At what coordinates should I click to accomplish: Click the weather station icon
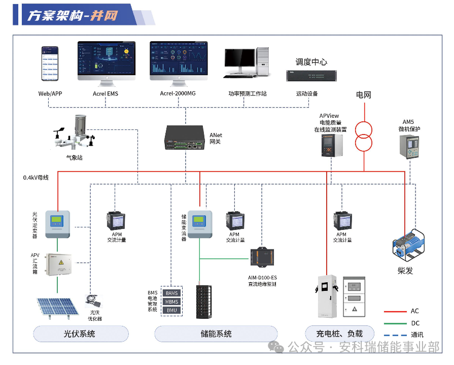pyautogui.click(x=76, y=134)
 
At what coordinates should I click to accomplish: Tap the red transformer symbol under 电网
pyautogui.click(x=364, y=136)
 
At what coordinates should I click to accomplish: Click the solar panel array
pyautogui.click(x=56, y=308)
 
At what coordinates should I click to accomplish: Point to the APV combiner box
pyautogui.click(x=59, y=264)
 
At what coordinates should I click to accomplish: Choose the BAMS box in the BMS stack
pyautogui.click(x=171, y=293)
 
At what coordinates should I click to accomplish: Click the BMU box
pyautogui.click(x=171, y=310)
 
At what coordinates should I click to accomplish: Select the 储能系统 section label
pyautogui.click(x=216, y=334)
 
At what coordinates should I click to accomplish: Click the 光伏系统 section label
pyautogui.click(x=79, y=334)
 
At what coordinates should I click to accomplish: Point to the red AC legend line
pyautogui.click(x=394, y=311)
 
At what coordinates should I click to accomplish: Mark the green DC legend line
pyautogui.click(x=394, y=323)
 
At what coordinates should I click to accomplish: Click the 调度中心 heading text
pyautogui.click(x=311, y=62)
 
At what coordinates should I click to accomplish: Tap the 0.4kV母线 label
pyautogui.click(x=36, y=178)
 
